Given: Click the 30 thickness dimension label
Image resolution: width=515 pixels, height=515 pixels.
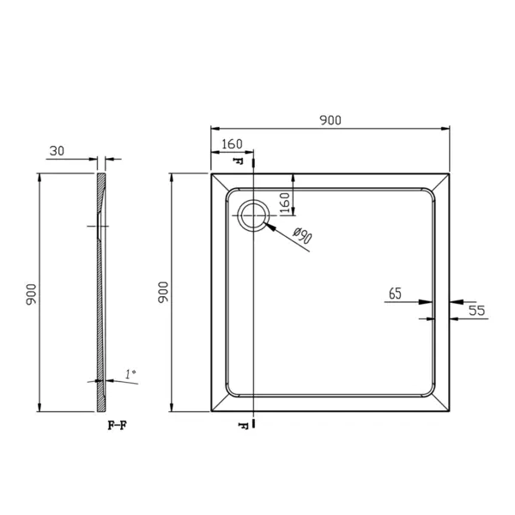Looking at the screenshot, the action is pyautogui.click(x=57, y=151).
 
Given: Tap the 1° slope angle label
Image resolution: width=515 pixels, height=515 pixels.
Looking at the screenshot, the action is pyautogui.click(x=130, y=373).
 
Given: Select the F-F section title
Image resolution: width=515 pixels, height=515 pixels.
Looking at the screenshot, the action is pyautogui.click(x=118, y=426).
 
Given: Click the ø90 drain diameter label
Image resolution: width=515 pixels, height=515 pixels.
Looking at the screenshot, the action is pyautogui.click(x=302, y=235).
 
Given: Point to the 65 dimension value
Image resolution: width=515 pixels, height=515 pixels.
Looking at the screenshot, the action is pyautogui.click(x=395, y=294).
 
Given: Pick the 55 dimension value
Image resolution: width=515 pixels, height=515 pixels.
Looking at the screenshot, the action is pyautogui.click(x=476, y=311).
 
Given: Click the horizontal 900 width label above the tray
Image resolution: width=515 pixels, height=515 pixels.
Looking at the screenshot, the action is pyautogui.click(x=330, y=120).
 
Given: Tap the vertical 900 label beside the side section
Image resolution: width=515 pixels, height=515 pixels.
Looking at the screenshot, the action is pyautogui.click(x=31, y=294).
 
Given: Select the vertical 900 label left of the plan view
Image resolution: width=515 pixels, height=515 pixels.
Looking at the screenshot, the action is pyautogui.click(x=163, y=292).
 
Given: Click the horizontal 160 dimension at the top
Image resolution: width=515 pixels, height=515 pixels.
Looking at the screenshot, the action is pyautogui.click(x=232, y=144).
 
